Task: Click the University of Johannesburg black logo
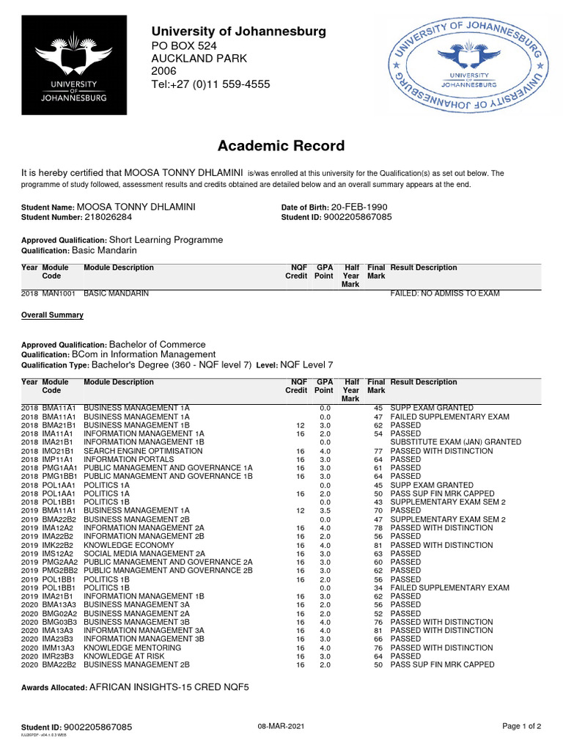(70, 66)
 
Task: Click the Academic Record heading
(281, 145)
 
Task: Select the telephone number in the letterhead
(210, 84)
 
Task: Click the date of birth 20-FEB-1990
(359, 208)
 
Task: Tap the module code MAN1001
(59, 293)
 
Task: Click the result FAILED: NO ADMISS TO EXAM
(445, 293)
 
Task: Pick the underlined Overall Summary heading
(52, 315)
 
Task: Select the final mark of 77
(378, 451)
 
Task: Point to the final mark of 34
(378, 588)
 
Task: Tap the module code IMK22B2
(59, 545)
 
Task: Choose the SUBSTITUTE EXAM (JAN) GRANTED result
(455, 442)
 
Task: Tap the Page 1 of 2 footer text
(521, 726)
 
